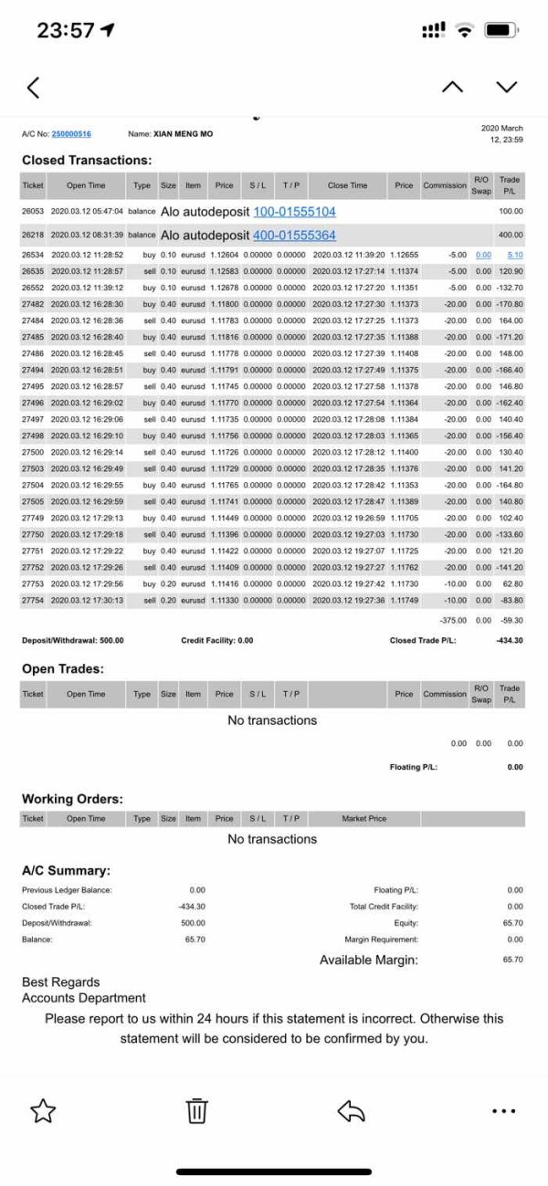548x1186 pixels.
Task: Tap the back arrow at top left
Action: [34, 88]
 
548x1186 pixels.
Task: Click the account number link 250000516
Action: [71, 134]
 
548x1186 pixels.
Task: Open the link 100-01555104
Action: [294, 212]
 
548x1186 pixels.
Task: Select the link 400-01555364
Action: [294, 236]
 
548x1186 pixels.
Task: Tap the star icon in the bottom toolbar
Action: [43, 1110]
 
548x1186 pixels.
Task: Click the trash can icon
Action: [197, 1110]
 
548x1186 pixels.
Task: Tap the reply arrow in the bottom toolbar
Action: [351, 1110]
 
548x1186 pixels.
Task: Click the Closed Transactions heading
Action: [87, 160]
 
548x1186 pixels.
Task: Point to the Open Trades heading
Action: [63, 669]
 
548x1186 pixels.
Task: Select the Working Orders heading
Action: [72, 799]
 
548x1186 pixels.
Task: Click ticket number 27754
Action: [33, 600]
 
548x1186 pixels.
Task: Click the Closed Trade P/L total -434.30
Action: [509, 641]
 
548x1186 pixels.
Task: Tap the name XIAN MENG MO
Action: [183, 134]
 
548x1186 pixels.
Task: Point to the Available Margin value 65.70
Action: [512, 960]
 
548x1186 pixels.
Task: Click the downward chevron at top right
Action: [507, 87]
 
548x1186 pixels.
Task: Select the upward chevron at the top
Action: [452, 87]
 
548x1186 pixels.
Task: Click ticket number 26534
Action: [33, 256]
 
